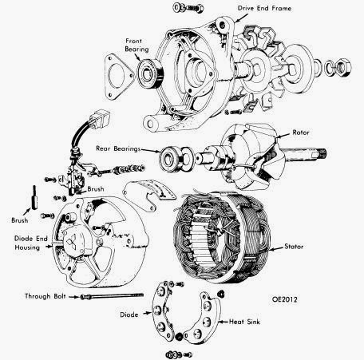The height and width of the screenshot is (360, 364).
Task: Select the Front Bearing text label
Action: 136,43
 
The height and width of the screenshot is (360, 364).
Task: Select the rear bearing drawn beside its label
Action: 173,156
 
